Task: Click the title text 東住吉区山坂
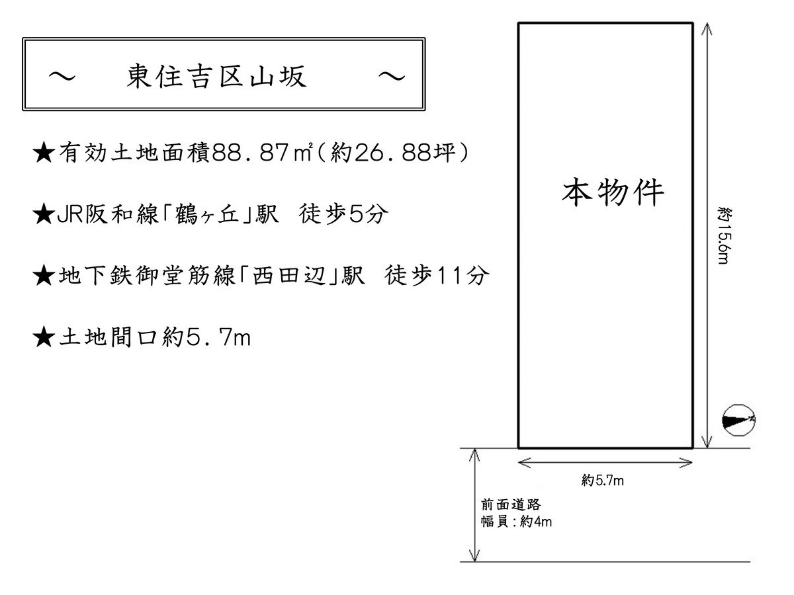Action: (216, 76)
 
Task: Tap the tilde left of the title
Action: (62, 77)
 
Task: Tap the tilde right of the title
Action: (392, 77)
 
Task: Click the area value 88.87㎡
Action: (261, 153)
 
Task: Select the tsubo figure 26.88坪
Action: (404, 153)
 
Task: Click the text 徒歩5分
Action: (343, 214)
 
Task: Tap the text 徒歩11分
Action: (437, 276)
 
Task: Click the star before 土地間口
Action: (44, 337)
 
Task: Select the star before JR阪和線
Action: (44, 214)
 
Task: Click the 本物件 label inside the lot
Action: (613, 192)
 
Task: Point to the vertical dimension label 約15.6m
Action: (724, 235)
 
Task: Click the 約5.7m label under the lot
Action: (603, 481)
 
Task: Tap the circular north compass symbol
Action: (738, 420)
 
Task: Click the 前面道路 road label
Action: (510, 504)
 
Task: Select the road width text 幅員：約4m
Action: (516, 522)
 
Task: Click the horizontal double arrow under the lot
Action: (605, 462)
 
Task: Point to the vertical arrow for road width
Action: (474, 505)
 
